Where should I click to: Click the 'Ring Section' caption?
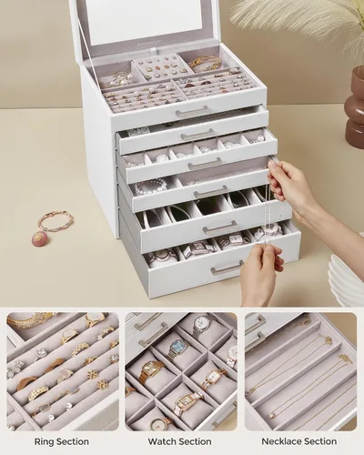[x=62, y=441]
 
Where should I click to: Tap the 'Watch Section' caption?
[x=180, y=441]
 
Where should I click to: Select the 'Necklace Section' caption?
[x=299, y=441]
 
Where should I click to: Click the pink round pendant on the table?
[x=39, y=238]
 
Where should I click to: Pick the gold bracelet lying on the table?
[x=56, y=220]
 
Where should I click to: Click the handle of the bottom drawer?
[x=227, y=268]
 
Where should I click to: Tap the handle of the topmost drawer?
[x=192, y=112]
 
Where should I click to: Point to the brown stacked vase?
[x=354, y=107]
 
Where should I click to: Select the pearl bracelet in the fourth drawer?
[x=150, y=187]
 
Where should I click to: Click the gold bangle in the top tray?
[x=205, y=63]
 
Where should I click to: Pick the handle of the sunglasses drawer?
[x=219, y=228]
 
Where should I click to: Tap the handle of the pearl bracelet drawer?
[x=210, y=192]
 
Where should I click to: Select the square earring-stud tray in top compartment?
[x=160, y=67]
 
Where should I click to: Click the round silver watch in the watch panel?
[x=201, y=325]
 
